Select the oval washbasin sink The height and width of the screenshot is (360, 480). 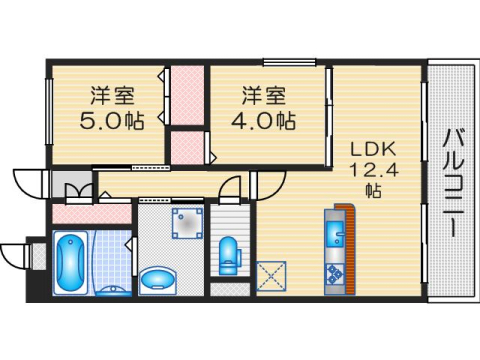coord(157,277)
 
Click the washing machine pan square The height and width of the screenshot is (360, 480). coord(186,223)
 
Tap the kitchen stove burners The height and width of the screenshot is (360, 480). coord(334,273)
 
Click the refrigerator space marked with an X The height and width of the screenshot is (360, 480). coord(271,274)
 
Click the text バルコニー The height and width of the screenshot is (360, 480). coord(451,180)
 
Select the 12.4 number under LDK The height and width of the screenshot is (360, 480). coord(364,168)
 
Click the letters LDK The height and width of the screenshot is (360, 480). coord(364,147)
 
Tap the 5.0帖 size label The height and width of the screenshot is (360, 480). coord(109,121)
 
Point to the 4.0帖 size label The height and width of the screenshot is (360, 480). coord(266,121)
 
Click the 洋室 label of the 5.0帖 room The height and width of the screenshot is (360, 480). coord(109,97)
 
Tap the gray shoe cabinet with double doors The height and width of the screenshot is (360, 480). coord(70,186)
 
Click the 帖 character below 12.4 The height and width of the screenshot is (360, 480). coord(371,189)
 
